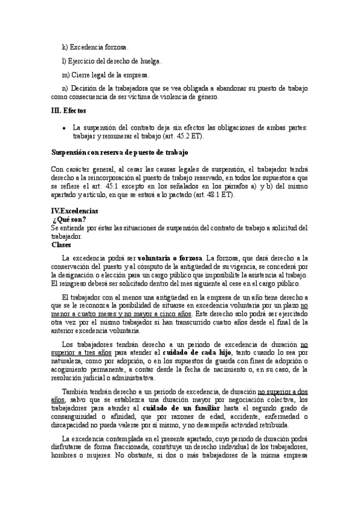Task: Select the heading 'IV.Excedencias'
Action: (x=75, y=212)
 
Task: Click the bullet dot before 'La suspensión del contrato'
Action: (x=64, y=128)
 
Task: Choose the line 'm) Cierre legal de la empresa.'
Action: (x=106, y=75)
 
